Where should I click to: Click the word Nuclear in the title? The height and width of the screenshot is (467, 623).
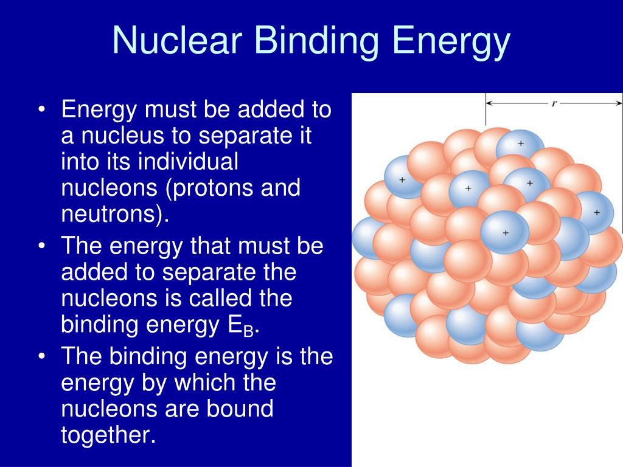177,41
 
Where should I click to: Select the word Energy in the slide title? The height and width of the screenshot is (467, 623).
451,41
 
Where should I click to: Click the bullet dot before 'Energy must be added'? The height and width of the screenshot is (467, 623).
41,111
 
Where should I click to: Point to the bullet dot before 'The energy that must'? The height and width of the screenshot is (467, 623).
41,247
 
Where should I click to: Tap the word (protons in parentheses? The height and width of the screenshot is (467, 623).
211,189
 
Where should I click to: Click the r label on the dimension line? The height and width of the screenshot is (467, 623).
554,103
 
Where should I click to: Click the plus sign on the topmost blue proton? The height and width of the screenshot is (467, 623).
520,144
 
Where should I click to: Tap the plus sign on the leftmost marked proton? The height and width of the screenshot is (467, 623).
402,180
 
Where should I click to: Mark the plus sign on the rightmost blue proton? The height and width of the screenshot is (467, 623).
596,212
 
